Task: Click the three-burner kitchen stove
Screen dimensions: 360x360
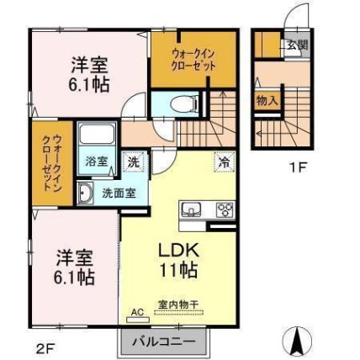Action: point(224,210)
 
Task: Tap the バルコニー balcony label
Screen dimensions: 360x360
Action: point(163,341)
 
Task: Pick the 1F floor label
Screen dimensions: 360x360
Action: point(299,166)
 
